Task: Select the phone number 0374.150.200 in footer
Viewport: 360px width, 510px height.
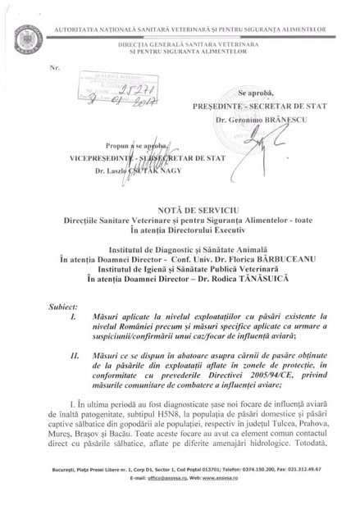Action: click(x=246, y=490)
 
